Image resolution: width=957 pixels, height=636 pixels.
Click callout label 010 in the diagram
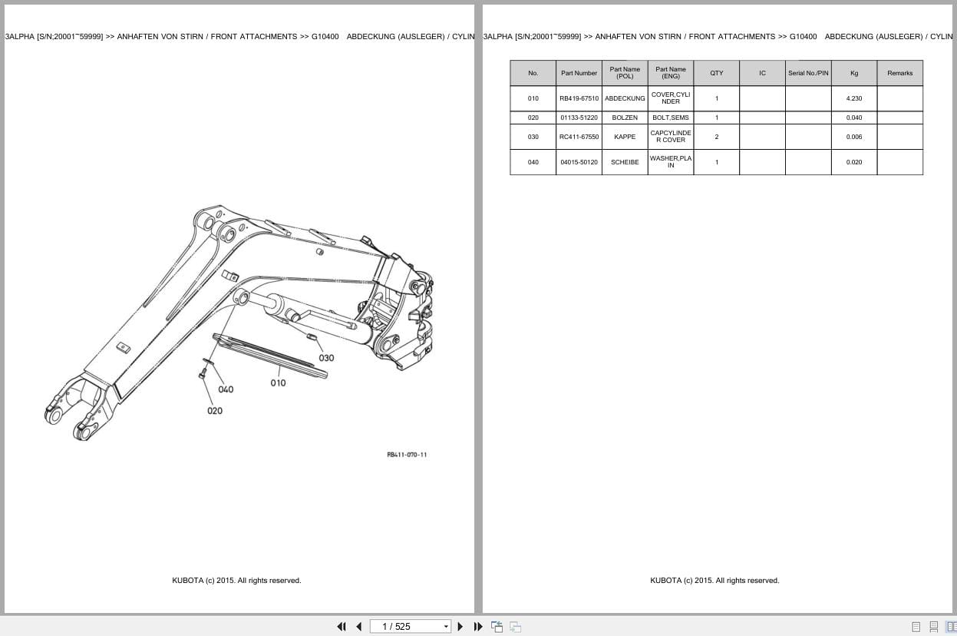pos(278,383)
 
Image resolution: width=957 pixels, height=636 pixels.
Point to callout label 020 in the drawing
pos(215,411)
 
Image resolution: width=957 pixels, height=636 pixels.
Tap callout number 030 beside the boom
pos(326,358)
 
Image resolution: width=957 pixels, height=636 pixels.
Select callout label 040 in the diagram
pos(226,389)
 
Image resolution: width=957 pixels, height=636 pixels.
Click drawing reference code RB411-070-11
pos(407,455)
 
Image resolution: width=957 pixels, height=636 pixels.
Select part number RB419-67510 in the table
pos(579,98)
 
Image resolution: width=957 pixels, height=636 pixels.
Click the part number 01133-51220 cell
pos(579,118)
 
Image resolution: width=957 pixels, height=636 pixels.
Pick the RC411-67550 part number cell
pos(579,137)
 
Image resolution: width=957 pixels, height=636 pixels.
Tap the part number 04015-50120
pos(579,162)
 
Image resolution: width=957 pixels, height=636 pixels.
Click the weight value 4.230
pos(853,98)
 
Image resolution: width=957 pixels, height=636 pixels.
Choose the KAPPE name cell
pos(625,137)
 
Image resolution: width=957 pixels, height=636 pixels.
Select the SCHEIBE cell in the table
pos(625,162)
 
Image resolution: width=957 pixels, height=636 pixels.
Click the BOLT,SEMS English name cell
pos(671,118)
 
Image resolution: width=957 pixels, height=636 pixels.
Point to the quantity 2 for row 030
pos(716,137)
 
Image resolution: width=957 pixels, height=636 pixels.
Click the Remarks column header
pos(899,73)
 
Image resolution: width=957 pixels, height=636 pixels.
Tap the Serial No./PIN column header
pos(808,73)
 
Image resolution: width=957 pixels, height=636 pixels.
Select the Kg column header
pos(853,73)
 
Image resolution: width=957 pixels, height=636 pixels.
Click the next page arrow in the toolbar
pos(460,626)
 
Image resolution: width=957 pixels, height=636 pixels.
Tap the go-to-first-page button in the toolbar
pos(342,626)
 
